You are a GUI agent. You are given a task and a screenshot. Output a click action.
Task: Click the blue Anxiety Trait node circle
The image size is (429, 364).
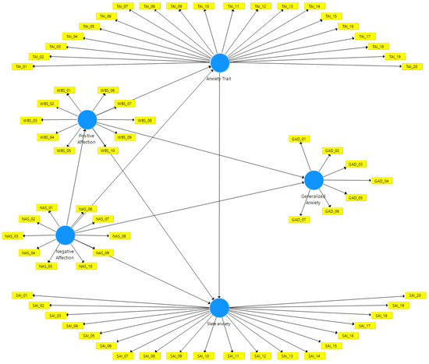click(x=220, y=64)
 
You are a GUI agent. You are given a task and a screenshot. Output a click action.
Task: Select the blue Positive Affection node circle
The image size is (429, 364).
click(x=87, y=119)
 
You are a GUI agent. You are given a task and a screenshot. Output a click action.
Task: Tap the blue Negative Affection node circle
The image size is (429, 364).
click(x=66, y=235)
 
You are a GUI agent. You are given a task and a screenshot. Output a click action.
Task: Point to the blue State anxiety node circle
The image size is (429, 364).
click(x=220, y=307)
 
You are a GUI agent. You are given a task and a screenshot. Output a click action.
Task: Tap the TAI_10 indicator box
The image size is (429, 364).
click(x=203, y=6)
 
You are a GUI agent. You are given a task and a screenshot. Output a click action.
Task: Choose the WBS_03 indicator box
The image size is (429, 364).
click(x=30, y=120)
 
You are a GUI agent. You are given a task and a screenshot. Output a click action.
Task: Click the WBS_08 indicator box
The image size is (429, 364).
click(x=145, y=120)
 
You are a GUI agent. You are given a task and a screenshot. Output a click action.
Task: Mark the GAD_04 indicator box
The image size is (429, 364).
click(x=381, y=181)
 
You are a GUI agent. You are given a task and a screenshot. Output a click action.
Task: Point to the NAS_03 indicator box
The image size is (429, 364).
click(x=12, y=235)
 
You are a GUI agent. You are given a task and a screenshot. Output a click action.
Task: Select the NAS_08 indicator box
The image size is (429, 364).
click(x=119, y=235)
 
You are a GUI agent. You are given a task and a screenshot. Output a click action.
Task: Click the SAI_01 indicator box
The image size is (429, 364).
click(x=20, y=295)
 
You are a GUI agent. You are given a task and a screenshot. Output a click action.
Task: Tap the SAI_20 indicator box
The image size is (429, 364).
click(x=413, y=295)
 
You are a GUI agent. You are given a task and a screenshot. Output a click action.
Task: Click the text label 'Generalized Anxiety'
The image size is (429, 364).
click(x=314, y=198)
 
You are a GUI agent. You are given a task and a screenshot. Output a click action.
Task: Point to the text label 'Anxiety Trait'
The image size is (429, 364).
click(x=220, y=80)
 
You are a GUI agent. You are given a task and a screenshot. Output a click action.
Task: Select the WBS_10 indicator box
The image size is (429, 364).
click(x=108, y=150)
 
